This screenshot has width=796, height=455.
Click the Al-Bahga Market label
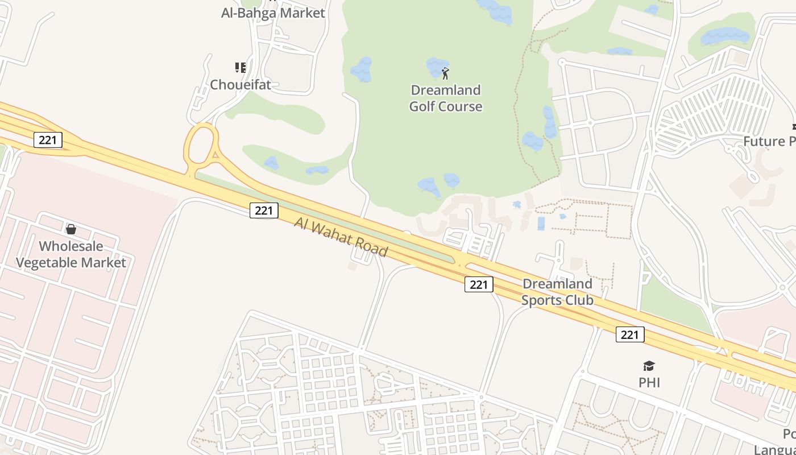pyautogui.click(x=273, y=13)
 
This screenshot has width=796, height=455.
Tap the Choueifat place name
pyautogui.click(x=241, y=85)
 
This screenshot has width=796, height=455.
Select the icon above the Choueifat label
pyautogui.click(x=241, y=68)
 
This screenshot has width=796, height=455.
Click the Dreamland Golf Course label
pyautogui.click(x=446, y=98)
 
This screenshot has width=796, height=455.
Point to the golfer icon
pyautogui.click(x=446, y=73)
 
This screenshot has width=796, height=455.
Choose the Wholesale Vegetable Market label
pyautogui.click(x=71, y=254)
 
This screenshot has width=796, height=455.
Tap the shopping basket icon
pyautogui.click(x=71, y=229)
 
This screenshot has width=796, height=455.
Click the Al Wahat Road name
pyautogui.click(x=341, y=236)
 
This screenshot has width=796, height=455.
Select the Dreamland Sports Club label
pyautogui.click(x=557, y=292)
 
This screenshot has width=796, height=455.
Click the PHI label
pyautogui.click(x=649, y=382)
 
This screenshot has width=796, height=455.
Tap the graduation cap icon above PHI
pyautogui.click(x=649, y=366)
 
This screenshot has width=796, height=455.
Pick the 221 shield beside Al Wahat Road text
pyautogui.click(x=264, y=210)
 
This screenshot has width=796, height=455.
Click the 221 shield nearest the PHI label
pyautogui.click(x=630, y=334)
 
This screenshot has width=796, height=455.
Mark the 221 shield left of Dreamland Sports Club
pyautogui.click(x=479, y=284)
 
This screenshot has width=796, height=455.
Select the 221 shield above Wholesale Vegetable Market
pyautogui.click(x=48, y=139)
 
